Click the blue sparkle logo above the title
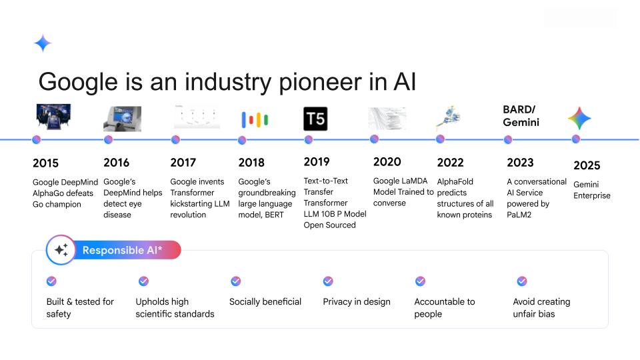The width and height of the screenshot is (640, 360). click(x=43, y=43)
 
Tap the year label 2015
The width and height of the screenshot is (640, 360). click(x=45, y=163)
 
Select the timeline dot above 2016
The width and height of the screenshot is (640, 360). click(x=108, y=139)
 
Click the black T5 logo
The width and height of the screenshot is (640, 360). click(x=315, y=118)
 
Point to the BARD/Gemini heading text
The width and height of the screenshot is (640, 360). click(x=521, y=116)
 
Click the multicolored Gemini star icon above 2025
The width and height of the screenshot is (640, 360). click(x=579, y=118)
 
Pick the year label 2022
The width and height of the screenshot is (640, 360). click(x=450, y=162)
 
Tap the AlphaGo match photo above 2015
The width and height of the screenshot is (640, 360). click(x=53, y=117)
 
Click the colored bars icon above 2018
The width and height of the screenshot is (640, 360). click(x=254, y=119)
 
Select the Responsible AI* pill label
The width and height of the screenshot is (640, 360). click(x=131, y=250)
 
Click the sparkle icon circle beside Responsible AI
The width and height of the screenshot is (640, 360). click(x=61, y=251)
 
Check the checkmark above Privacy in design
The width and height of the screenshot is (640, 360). click(x=327, y=281)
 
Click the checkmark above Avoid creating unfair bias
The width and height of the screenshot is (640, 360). click(x=522, y=281)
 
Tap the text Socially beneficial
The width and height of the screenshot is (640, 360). click(x=265, y=302)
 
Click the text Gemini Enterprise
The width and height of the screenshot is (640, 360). click(x=591, y=189)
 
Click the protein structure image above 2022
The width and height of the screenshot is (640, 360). click(x=446, y=117)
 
